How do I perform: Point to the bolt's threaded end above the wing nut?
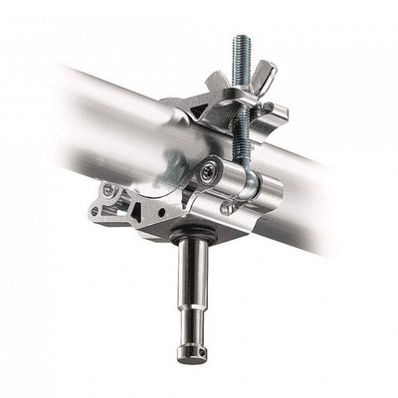(240, 50)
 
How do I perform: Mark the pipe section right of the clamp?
(308, 199)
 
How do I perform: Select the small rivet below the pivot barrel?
(227, 209)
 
